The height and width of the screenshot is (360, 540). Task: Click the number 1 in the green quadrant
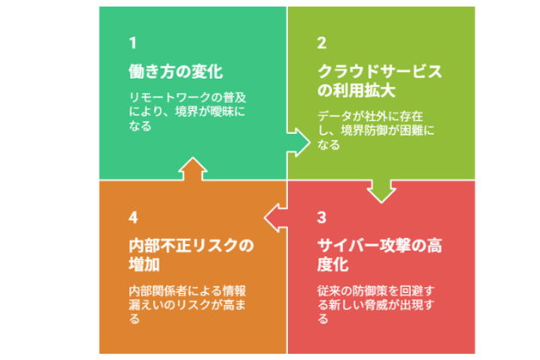click(132, 42)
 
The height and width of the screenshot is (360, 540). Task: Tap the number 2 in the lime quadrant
click(322, 42)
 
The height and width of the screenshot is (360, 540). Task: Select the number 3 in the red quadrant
click(322, 217)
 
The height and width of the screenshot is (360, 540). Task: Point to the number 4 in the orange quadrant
click(132, 217)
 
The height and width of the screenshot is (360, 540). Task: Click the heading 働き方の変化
click(170, 70)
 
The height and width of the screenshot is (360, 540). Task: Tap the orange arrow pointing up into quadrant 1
click(192, 169)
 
